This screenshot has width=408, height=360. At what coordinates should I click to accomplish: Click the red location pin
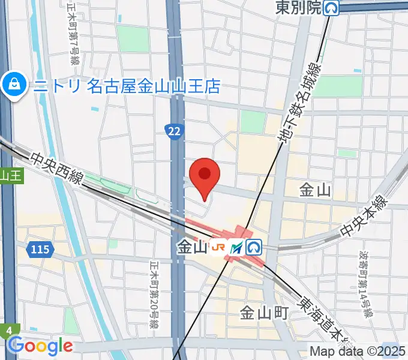click(x=205, y=175)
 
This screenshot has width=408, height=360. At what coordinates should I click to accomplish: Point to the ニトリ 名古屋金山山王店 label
click(x=127, y=86)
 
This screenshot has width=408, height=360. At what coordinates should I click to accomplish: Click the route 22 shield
click(x=173, y=130)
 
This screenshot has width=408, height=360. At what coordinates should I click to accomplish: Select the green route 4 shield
click(x=9, y=331)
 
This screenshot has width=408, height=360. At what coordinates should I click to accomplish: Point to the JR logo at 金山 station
click(x=220, y=247)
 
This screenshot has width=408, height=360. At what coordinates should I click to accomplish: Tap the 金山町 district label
click(x=265, y=313)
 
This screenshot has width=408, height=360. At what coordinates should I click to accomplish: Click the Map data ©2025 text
click(x=358, y=350)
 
